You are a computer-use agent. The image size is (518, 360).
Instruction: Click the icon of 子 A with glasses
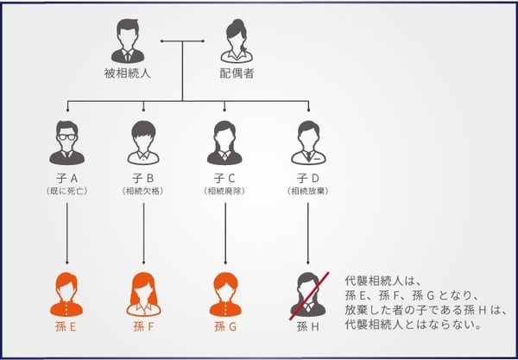coord(66,142)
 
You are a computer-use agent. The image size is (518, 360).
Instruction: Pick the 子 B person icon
coord(144,142)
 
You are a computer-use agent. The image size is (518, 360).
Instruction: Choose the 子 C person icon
coord(225,142)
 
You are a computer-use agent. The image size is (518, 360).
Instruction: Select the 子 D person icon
coord(307,142)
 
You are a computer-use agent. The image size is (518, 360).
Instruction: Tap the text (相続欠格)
coord(144,190)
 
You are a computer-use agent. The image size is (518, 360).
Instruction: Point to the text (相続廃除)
coord(225,190)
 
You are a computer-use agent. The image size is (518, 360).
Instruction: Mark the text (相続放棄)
coord(307,190)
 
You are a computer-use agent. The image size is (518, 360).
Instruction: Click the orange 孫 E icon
coord(66,294)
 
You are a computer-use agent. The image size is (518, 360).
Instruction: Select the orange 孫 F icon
coord(144,294)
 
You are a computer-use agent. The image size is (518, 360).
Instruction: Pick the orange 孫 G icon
coord(225,294)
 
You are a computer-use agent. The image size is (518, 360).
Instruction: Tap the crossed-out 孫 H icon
coord(307,294)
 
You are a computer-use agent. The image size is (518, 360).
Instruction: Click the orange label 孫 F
coord(144,327)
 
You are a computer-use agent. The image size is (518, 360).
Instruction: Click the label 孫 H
coord(307,327)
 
